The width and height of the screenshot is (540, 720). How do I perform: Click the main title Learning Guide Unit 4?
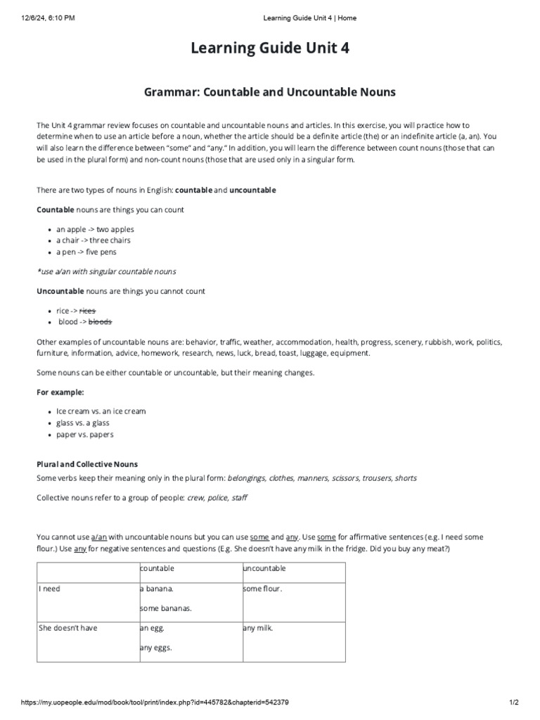[x=270, y=49]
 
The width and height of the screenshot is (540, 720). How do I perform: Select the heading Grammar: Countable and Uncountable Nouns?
[x=270, y=91]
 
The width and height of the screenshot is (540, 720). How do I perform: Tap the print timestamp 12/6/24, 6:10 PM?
[x=41, y=18]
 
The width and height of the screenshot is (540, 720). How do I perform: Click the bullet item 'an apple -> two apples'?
[x=95, y=229]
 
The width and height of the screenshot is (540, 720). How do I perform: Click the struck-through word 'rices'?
[x=87, y=310]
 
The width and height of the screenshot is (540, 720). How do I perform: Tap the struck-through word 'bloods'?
[x=100, y=321]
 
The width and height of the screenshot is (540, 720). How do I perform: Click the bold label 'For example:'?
[x=60, y=392]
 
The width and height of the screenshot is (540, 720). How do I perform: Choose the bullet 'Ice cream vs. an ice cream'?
[x=101, y=411]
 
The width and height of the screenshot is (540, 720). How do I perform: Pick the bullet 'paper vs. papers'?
[x=85, y=435]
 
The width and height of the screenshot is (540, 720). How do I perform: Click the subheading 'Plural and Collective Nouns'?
[x=87, y=464]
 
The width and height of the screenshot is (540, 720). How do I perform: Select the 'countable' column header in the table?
[x=157, y=568]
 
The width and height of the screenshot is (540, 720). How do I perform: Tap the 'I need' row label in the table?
[x=50, y=589]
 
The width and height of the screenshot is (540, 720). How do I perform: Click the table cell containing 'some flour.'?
[x=262, y=589]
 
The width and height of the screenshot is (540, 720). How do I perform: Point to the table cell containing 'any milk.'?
[x=257, y=628]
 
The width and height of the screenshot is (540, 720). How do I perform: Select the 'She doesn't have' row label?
[x=67, y=628]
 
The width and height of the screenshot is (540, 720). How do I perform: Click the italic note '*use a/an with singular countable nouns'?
[x=106, y=271]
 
